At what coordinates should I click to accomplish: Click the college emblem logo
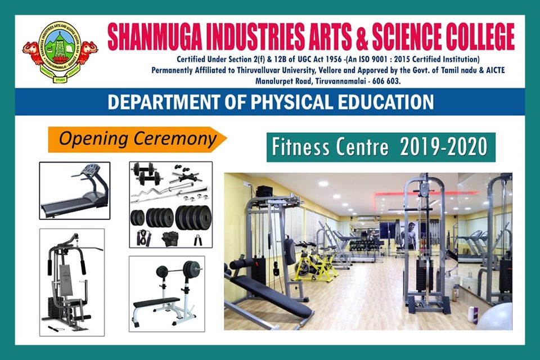click(x=60, y=52)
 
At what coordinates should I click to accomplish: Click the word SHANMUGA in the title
click(x=155, y=37)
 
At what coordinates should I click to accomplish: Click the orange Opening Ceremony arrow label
click(x=137, y=139)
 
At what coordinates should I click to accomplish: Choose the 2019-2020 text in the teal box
click(x=444, y=147)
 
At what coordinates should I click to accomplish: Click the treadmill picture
click(x=75, y=191)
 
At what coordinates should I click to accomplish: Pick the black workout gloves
click(x=170, y=238)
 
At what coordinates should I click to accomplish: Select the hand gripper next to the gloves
click(x=197, y=240)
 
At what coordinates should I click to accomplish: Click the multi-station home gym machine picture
click(x=72, y=282)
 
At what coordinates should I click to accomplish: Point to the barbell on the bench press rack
click(x=179, y=269)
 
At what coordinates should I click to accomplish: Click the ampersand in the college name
click(x=362, y=37)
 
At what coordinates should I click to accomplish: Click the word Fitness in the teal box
click(x=300, y=147)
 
